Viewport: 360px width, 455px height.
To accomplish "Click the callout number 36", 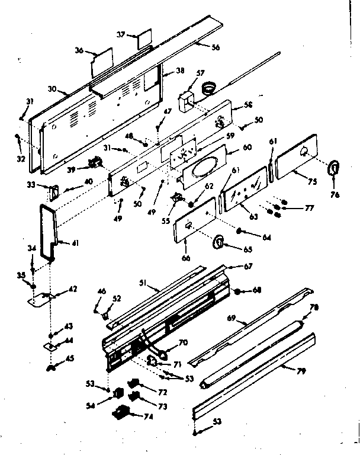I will pyautogui.click(x=79, y=50).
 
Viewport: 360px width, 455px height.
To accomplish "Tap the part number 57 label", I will pyautogui.click(x=201, y=73).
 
